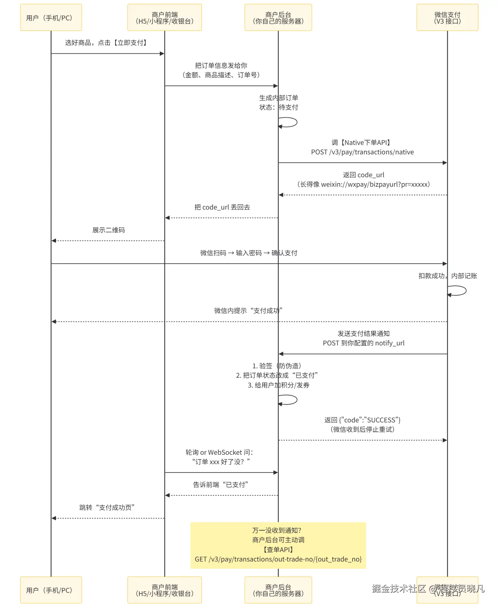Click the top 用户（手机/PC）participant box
point(51,17)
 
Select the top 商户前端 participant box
point(165,17)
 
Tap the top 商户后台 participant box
point(278,17)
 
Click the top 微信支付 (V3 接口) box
point(447,17)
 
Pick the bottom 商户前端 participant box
point(165,590)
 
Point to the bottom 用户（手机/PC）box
point(51,590)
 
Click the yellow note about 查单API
point(278,545)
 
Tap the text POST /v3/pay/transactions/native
point(362,152)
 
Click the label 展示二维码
point(108,230)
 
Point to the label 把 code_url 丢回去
point(222,207)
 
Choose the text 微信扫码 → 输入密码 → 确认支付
point(248,253)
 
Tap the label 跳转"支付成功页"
point(107,507)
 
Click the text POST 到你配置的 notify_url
point(364,343)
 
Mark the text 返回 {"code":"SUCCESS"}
point(362,420)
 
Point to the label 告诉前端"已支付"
point(221,485)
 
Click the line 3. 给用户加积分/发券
point(279,385)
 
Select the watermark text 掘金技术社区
point(399,588)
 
